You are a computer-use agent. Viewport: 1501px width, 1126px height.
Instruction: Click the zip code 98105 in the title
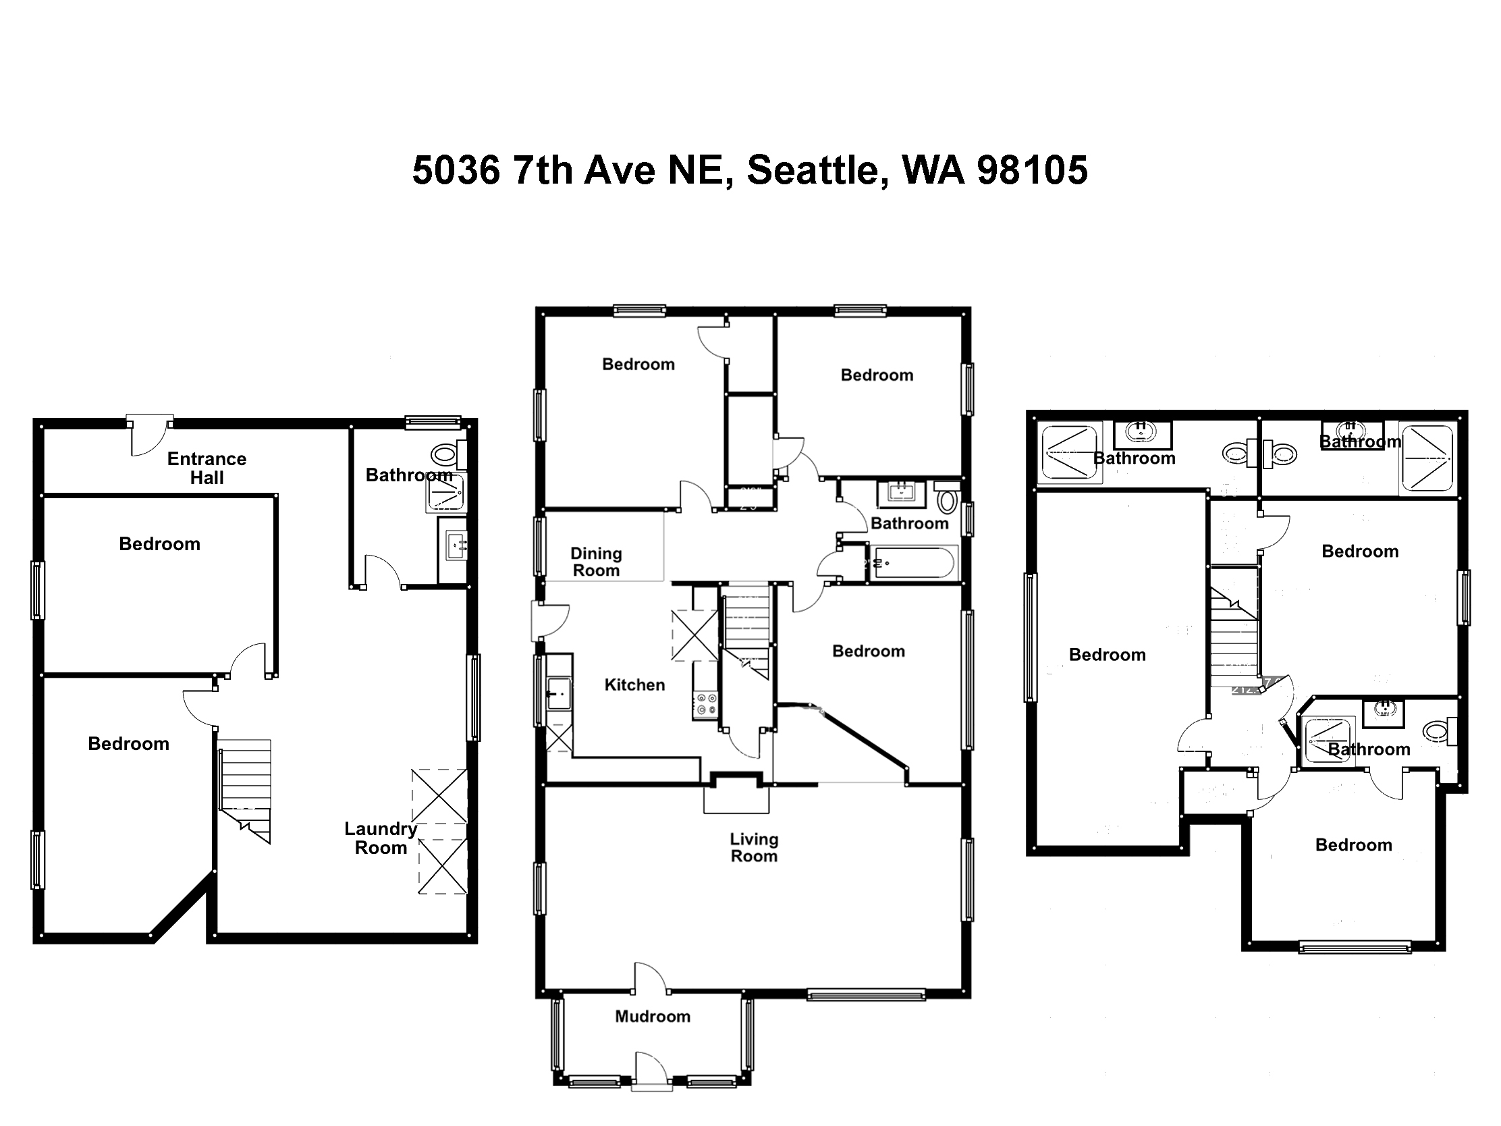1031,169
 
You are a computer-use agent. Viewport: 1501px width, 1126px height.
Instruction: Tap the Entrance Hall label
207,468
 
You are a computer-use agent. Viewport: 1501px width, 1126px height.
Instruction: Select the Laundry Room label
381,838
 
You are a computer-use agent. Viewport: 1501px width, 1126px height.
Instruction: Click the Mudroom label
653,1016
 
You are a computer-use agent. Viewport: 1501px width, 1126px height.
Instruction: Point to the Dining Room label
596,562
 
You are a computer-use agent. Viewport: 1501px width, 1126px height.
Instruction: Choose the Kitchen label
634,685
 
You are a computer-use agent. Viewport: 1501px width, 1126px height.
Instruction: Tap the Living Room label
754,848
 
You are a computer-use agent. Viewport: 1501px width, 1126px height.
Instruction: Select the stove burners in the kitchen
706,705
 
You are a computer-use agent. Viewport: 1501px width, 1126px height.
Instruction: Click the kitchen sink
559,694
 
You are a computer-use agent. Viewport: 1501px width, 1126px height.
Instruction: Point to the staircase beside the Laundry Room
245,790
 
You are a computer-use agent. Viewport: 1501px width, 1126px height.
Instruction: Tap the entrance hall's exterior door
151,435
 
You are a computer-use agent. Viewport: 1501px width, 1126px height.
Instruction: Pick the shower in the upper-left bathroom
1070,454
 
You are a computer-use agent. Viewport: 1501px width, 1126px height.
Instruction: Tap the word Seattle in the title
818,169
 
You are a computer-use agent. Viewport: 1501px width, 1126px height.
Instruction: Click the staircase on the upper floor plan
1235,637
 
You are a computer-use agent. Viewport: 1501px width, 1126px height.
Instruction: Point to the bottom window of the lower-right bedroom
1355,947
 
